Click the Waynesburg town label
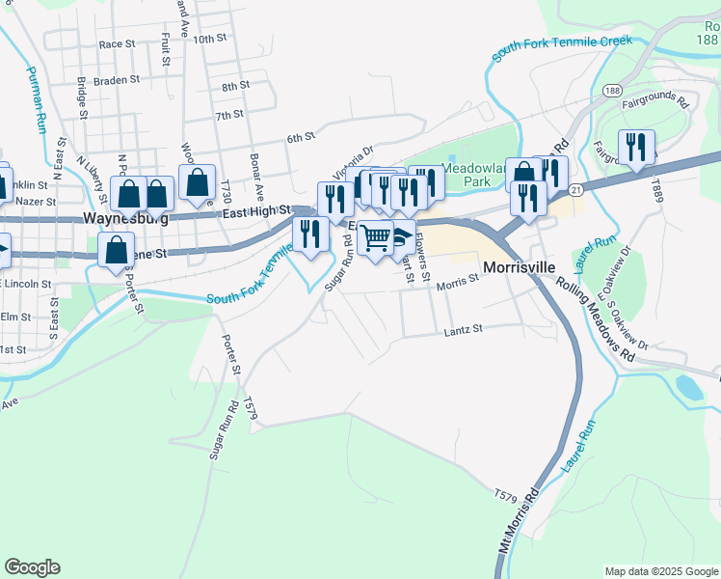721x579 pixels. point(126,219)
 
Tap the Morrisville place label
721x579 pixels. point(521,266)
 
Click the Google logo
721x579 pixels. point(32,567)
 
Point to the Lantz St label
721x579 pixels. point(462,330)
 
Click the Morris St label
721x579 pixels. point(457,282)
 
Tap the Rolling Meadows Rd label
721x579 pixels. point(597,318)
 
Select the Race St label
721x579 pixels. point(117,44)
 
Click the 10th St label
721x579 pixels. point(208,40)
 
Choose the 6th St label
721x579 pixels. point(301,137)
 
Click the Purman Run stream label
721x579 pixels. point(36,98)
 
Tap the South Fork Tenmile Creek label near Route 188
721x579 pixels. point(561,48)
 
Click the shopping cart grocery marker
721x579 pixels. point(376,235)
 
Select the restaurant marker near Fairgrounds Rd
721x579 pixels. point(636,148)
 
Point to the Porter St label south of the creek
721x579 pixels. point(230,354)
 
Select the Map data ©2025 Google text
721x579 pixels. point(660,571)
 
